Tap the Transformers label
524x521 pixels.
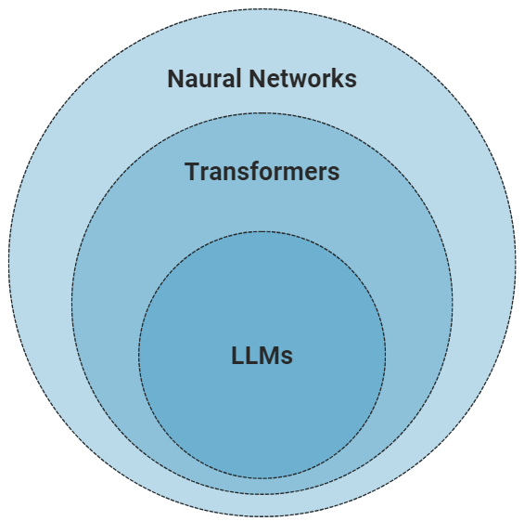[x=262, y=172]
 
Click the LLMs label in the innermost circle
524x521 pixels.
[x=262, y=356]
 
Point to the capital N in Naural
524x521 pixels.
[x=175, y=79]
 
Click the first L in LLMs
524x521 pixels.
[x=237, y=356]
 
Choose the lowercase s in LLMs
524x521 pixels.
[x=287, y=358]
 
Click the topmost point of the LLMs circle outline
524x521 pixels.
[x=262, y=232]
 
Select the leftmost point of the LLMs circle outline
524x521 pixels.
[x=139, y=355]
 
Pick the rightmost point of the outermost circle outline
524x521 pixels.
[x=517, y=261]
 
